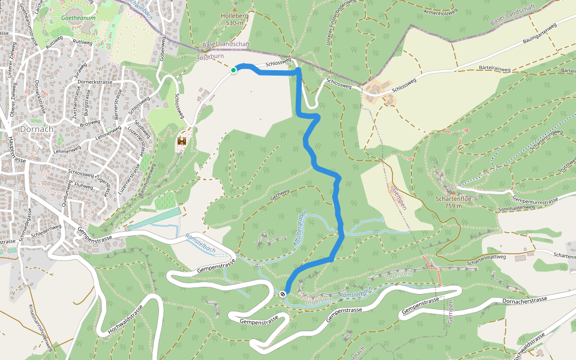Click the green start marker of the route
(233, 70)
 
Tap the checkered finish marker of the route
(283, 293)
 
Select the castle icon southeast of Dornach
(181, 142)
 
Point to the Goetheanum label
(79, 19)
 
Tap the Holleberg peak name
(234, 16)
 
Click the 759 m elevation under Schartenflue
(453, 206)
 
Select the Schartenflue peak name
(453, 199)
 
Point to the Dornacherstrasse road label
(525, 299)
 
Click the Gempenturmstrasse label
(536, 199)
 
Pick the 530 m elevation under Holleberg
(234, 23)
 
